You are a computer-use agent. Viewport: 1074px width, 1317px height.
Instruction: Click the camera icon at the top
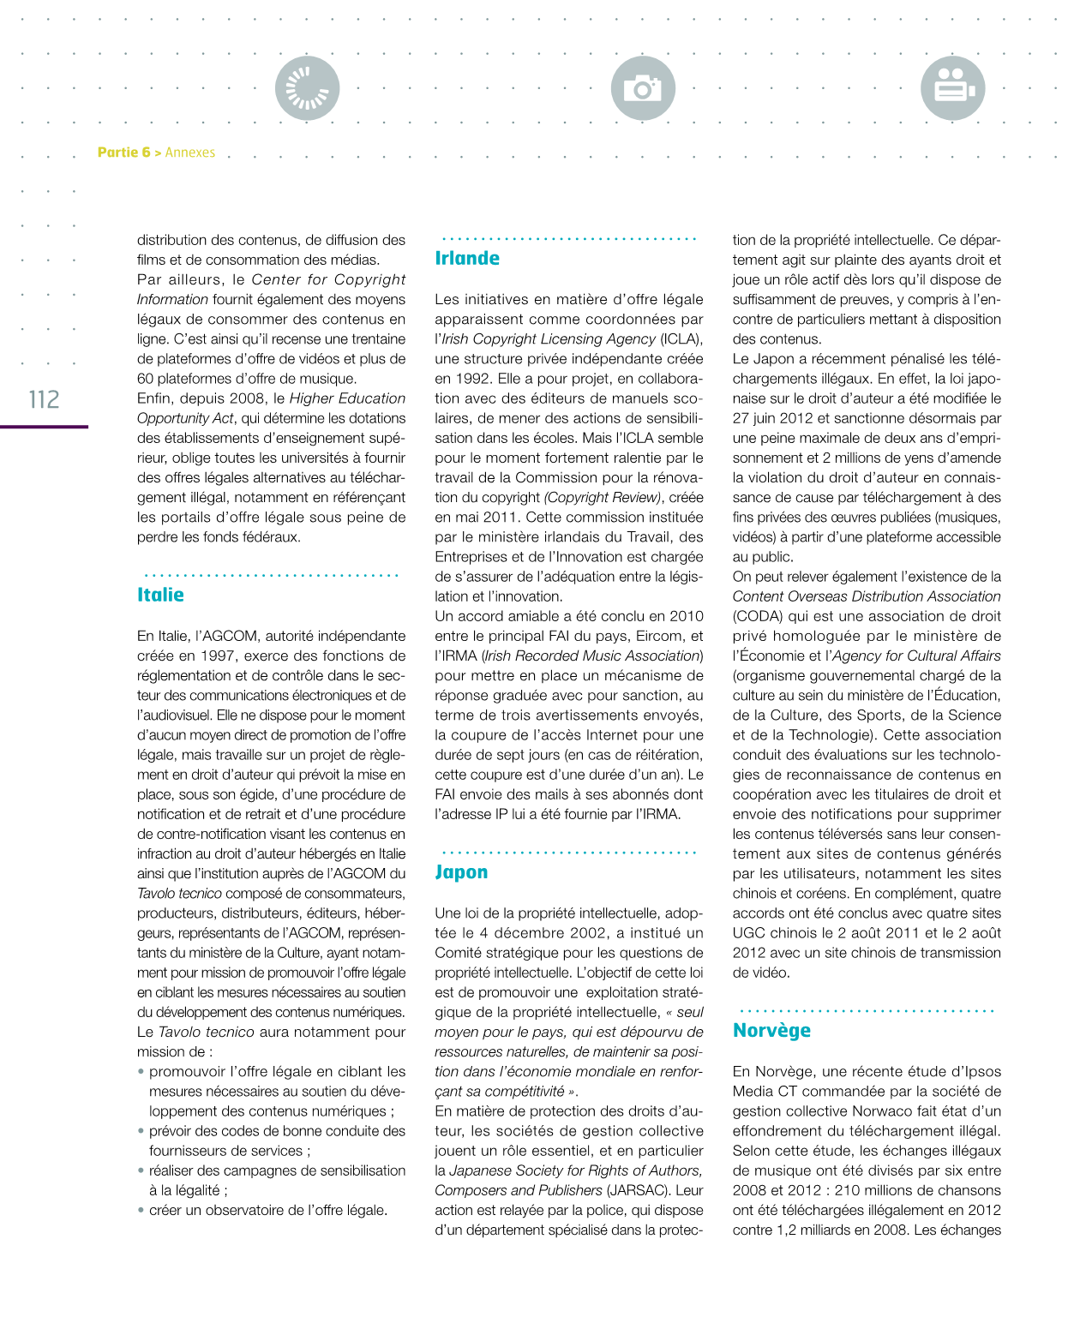pyautogui.click(x=643, y=88)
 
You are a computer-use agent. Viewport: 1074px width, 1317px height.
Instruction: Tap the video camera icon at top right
pyautogui.click(x=952, y=88)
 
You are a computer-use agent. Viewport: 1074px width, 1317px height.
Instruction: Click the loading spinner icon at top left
pyautogui.click(x=307, y=88)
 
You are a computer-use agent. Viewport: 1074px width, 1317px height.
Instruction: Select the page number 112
pyautogui.click(x=45, y=399)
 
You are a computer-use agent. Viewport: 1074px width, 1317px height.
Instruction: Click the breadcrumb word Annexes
pyautogui.click(x=190, y=153)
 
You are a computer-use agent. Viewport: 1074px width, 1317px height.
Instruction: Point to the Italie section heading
pyautogui.click(x=160, y=595)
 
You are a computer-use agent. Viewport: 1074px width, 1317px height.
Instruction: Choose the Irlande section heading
pyautogui.click(x=467, y=258)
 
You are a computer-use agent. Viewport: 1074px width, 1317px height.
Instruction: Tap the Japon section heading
pyautogui.click(x=461, y=872)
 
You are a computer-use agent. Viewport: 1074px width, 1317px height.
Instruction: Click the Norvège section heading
pyautogui.click(x=771, y=1030)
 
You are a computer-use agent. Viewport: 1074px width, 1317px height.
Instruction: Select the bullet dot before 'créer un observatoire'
pyautogui.click(x=141, y=1210)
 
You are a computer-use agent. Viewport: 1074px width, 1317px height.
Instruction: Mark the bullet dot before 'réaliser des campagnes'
pyautogui.click(x=141, y=1170)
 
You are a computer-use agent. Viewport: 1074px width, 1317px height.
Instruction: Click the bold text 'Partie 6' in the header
pyautogui.click(x=123, y=153)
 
